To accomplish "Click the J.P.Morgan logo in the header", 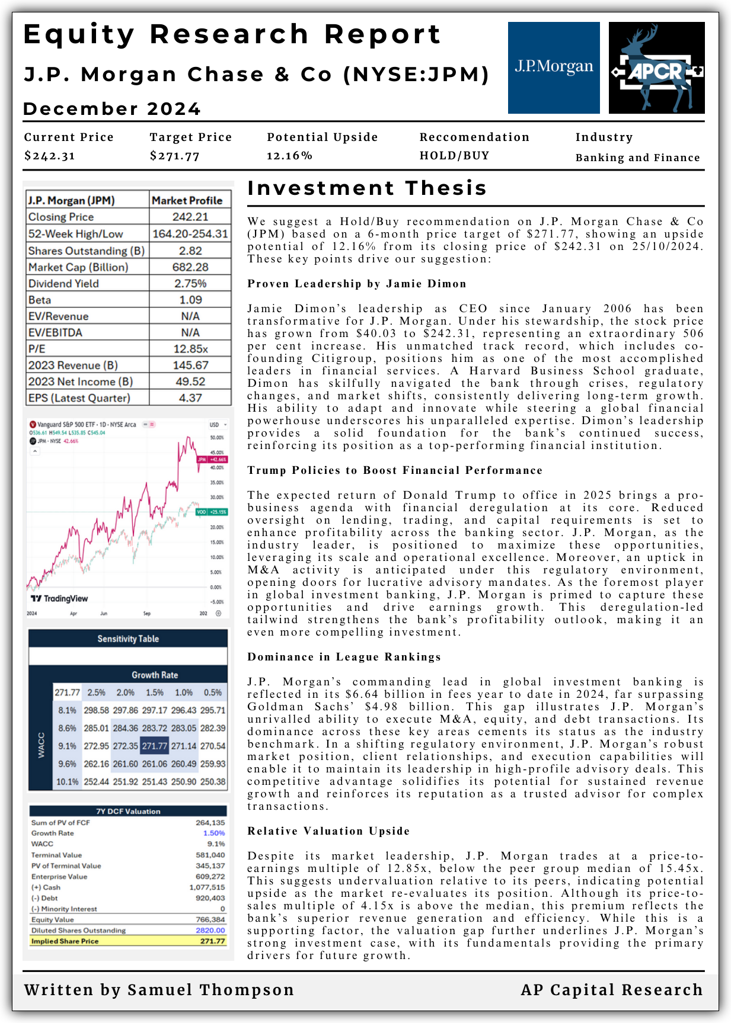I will [554, 68].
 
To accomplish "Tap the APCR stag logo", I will [656, 68].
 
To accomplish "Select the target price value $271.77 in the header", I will [174, 156].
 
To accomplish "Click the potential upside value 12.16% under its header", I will [289, 156].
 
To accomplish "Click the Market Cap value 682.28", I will [190, 267].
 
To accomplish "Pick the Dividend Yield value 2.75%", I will [190, 284].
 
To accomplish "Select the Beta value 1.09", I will [190, 300].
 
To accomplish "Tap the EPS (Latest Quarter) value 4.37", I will [190, 398].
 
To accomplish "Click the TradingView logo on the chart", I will [59, 598].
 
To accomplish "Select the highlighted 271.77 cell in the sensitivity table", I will [154, 746].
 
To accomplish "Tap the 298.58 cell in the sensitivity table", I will [96, 710].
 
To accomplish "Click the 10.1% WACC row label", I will [67, 782].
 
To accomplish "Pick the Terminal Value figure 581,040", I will [210, 855].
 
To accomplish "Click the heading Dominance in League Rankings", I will [344, 657].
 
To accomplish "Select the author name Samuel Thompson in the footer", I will [211, 990].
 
